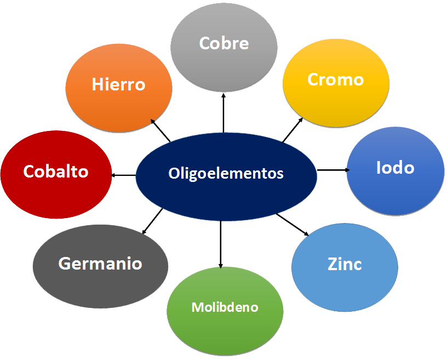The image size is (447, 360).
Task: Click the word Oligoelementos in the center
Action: pyautogui.click(x=226, y=174)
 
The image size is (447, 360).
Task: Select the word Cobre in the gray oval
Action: pyautogui.click(x=224, y=43)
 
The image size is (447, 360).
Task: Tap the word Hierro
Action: pyautogui.click(x=118, y=85)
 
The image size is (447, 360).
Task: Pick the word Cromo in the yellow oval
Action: pyautogui.click(x=336, y=79)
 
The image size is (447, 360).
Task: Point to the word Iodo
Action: pyautogui.click(x=395, y=168)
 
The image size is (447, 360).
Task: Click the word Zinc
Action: pyautogui.click(x=345, y=264)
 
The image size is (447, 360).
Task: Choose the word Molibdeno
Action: pyautogui.click(x=225, y=307)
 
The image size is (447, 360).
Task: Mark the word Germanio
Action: pyautogui.click(x=100, y=264)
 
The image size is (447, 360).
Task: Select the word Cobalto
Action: pyautogui.click(x=56, y=172)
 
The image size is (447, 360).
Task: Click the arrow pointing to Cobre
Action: pyautogui.click(x=224, y=112)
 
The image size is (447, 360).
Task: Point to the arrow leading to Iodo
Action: pyautogui.click(x=333, y=170)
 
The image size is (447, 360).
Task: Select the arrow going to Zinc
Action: pyautogui.click(x=293, y=224)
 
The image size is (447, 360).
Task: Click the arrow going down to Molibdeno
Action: pyautogui.click(x=221, y=244)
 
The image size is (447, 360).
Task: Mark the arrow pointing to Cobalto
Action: pyautogui.click(x=123, y=175)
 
